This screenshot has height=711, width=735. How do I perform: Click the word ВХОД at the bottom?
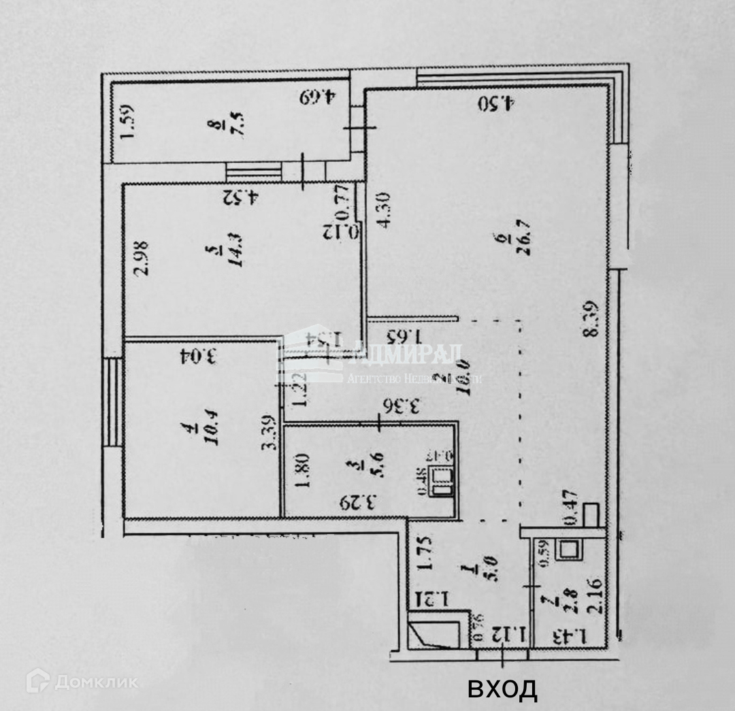point(502,689)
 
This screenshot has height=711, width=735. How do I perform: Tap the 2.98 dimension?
point(138,259)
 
